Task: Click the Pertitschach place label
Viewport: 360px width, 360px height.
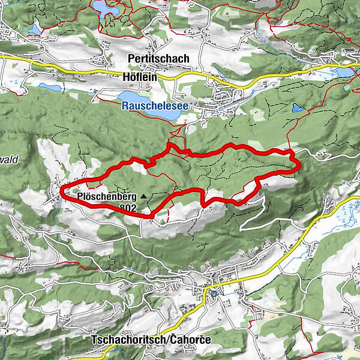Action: pyautogui.click(x=159, y=59)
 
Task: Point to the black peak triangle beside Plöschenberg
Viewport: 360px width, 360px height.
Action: pyautogui.click(x=142, y=196)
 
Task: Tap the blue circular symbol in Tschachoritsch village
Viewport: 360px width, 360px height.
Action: pyautogui.click(x=214, y=293)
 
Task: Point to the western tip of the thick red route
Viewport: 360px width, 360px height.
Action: pyautogui.click(x=62, y=191)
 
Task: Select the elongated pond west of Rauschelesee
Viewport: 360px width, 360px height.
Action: pyautogui.click(x=50, y=88)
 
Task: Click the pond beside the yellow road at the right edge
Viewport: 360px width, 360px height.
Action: pyautogui.click(x=346, y=72)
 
